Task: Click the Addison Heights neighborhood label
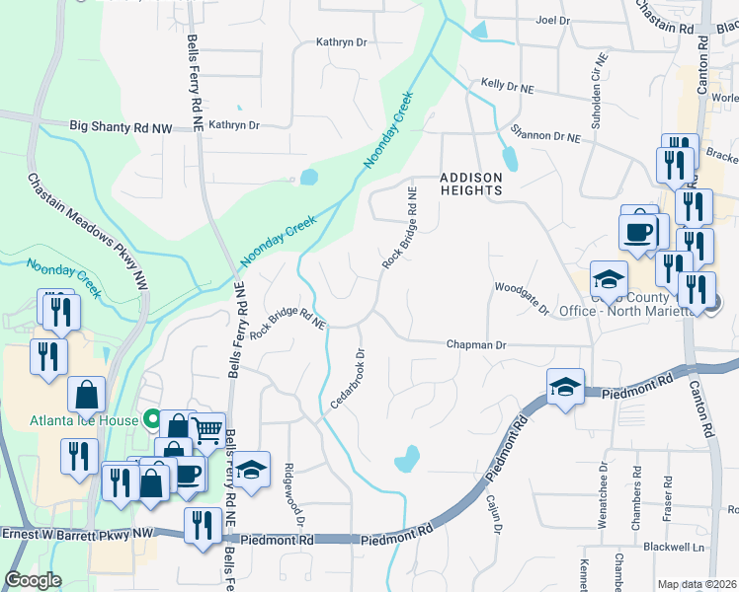tap(471, 184)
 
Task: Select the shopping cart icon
tap(206, 430)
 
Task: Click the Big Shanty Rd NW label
tap(122, 126)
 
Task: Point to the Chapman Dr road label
tap(476, 345)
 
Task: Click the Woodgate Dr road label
tap(521, 297)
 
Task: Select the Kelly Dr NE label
tap(507, 86)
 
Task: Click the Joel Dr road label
tap(552, 20)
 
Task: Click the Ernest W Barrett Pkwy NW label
tap(79, 533)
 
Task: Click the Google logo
tap(34, 580)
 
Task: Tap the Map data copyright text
tap(697, 584)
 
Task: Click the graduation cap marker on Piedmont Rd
tap(565, 387)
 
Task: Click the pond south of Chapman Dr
tap(406, 459)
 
